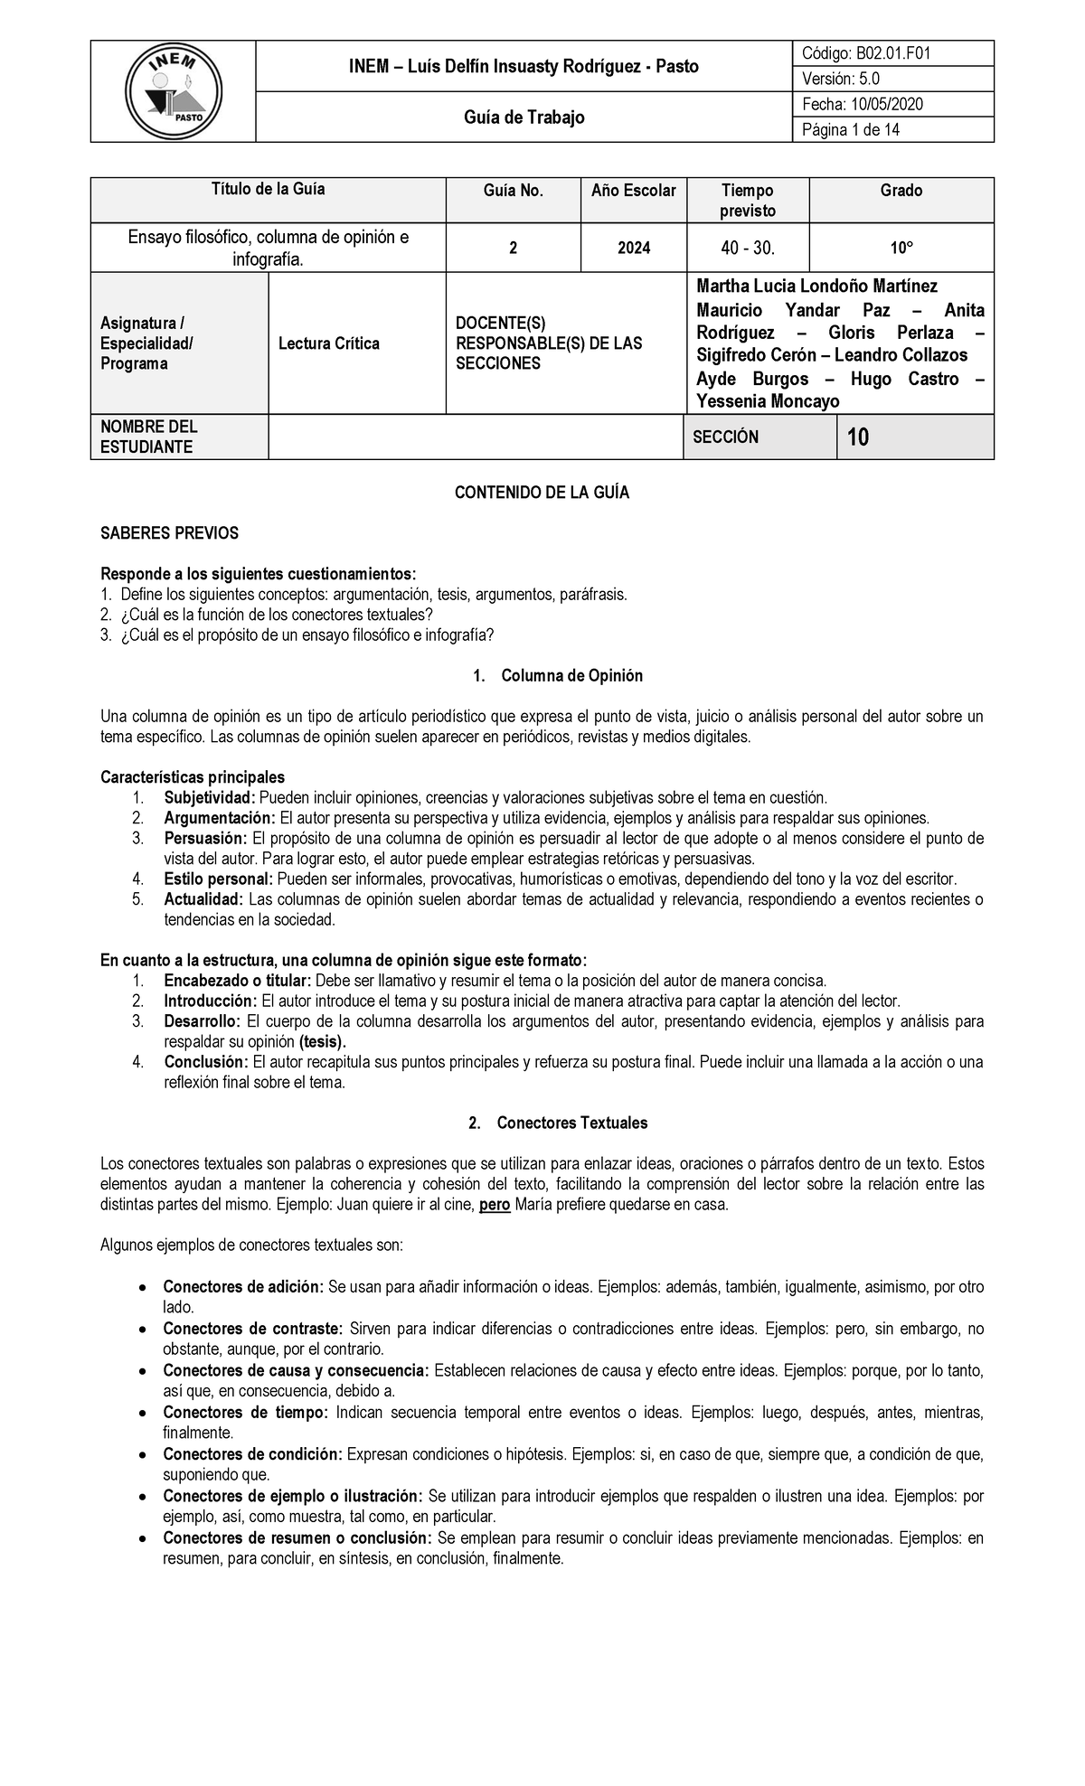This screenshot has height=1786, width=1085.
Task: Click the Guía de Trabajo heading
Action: [x=524, y=117]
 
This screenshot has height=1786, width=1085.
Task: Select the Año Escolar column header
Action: [x=633, y=191]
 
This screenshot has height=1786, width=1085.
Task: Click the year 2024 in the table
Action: [x=634, y=248]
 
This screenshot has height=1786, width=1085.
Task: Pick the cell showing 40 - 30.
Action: [x=748, y=248]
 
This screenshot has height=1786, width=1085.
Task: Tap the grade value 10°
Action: [x=901, y=248]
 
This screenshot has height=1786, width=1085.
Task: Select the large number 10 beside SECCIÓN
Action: [x=857, y=438]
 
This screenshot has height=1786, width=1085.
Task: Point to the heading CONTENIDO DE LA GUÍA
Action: [x=542, y=493]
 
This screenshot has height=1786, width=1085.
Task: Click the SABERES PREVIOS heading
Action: [x=169, y=533]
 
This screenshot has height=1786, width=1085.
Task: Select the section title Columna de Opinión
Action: [x=571, y=676]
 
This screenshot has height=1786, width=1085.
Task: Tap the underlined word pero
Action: [x=495, y=1205]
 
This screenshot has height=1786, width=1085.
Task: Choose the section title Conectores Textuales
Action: [x=571, y=1123]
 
